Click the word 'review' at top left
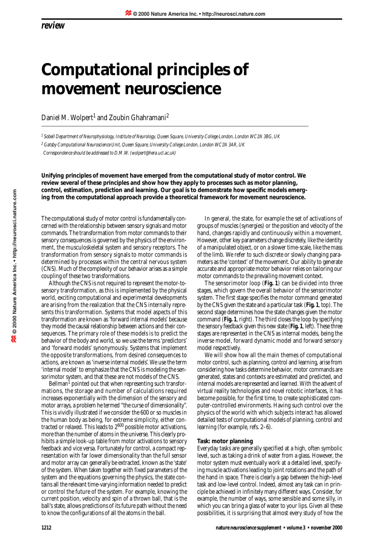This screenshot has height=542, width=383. pyautogui.click(x=53, y=26)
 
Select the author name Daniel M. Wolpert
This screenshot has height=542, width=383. pyautogui.click(x=67, y=118)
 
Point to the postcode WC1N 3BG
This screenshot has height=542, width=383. pyautogui.click(x=263, y=137)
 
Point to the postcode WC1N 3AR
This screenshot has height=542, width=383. pyautogui.click(x=225, y=145)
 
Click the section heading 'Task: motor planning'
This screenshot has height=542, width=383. pyautogui.click(x=225, y=441)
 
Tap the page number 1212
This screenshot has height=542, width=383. pyautogui.click(x=46, y=528)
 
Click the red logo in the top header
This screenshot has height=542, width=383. pyautogui.click(x=128, y=13)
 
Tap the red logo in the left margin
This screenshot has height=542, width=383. pyautogui.click(x=14, y=339)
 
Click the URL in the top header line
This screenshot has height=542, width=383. pyautogui.click(x=234, y=14)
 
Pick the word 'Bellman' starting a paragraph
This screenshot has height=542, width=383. pyautogui.click(x=58, y=384)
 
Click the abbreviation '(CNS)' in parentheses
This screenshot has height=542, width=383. pyautogui.click(x=48, y=269)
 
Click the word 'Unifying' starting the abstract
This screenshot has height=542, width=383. pyautogui.click(x=54, y=176)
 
